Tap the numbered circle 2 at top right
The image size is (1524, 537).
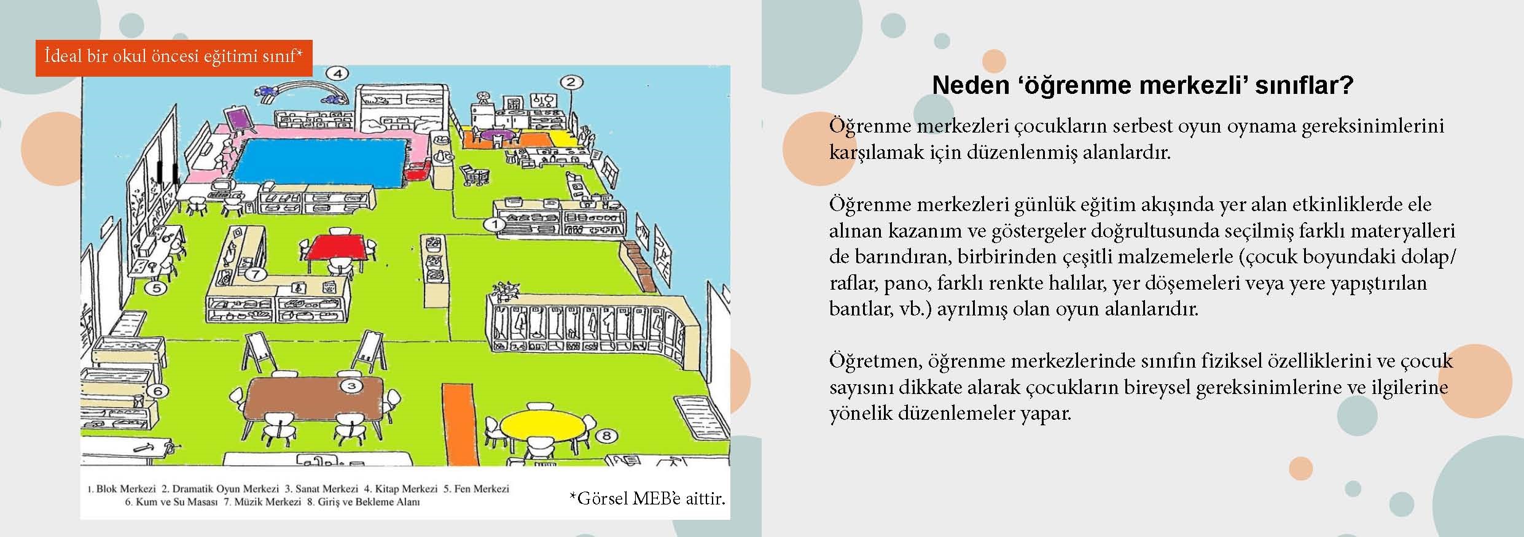pyautogui.click(x=570, y=82)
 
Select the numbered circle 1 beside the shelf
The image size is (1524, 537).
pyautogui.click(x=495, y=225)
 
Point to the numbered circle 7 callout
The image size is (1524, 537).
pyautogui.click(x=256, y=274)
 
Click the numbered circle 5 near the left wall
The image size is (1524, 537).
pyautogui.click(x=156, y=287)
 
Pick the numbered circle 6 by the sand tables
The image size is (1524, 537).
pyautogui.click(x=158, y=391)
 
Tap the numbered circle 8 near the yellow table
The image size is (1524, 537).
pyautogui.click(x=606, y=436)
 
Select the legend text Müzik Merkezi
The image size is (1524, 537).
pyautogui.click(x=267, y=502)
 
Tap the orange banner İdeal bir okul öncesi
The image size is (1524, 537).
pyautogui.click(x=174, y=58)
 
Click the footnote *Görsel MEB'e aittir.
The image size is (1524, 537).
pyautogui.click(x=647, y=498)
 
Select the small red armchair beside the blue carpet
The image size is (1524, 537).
pyautogui.click(x=417, y=173)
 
